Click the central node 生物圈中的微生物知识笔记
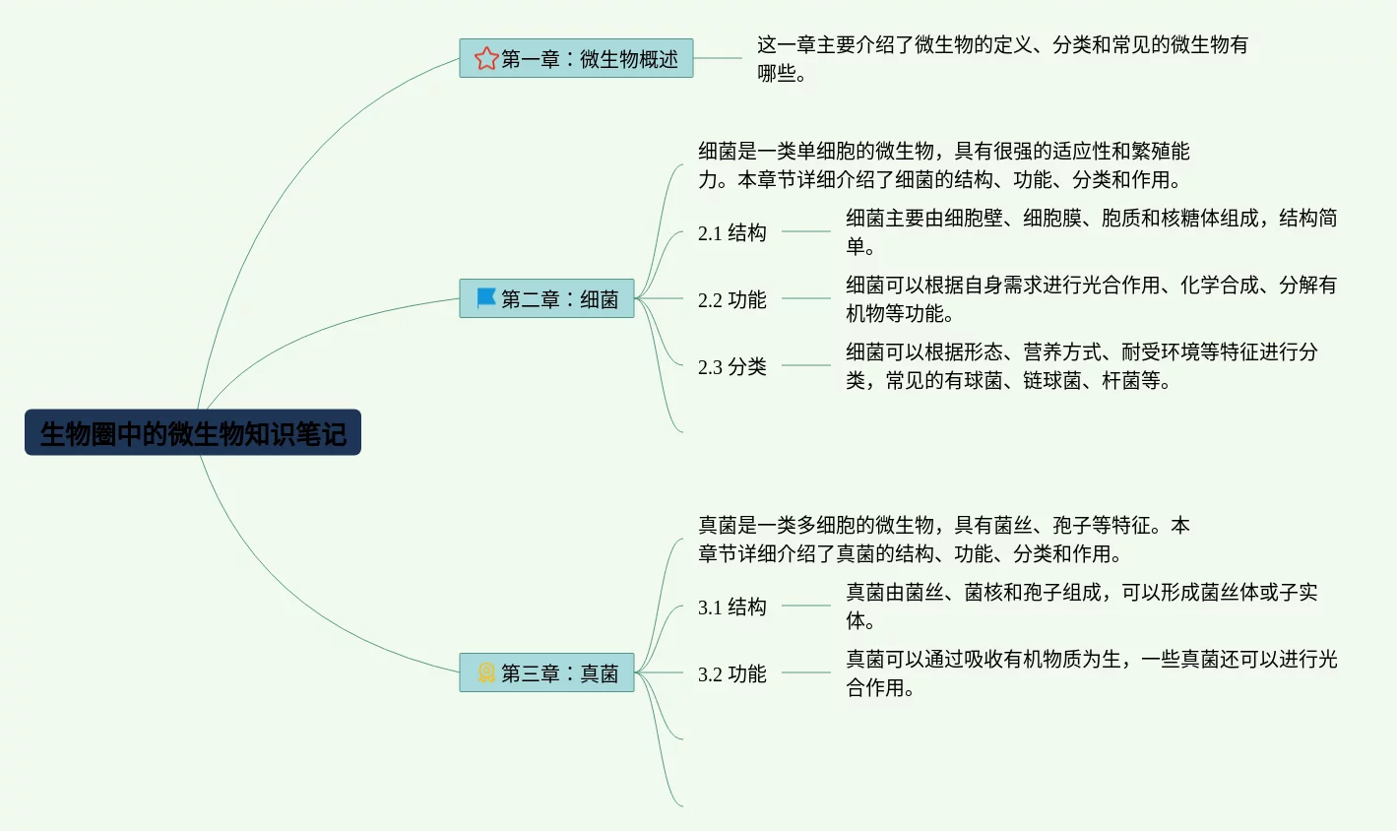pyautogui.click(x=193, y=433)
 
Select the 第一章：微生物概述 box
pyautogui.click(x=576, y=59)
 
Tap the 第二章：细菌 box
pyautogui.click(x=547, y=298)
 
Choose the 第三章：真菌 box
pyautogui.click(x=547, y=672)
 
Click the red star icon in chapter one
pyautogui.click(x=485, y=59)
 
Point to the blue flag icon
pyautogui.click(x=485, y=297)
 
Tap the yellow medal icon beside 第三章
pyautogui.click(x=485, y=672)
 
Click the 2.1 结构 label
pyautogui.click(x=731, y=232)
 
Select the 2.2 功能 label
pyautogui.click(x=731, y=299)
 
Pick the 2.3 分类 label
pyautogui.click(x=731, y=366)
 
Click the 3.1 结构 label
pyautogui.click(x=731, y=607)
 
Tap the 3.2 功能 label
pyautogui.click(x=731, y=673)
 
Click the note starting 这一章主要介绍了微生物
pyautogui.click(x=1001, y=58)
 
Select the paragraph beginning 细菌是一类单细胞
pyautogui.click(x=942, y=164)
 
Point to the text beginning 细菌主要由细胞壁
pyautogui.click(x=1091, y=231)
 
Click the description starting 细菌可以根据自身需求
pyautogui.click(x=1091, y=298)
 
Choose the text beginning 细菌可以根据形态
pyautogui.click(x=1081, y=365)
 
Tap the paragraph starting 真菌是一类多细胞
pyautogui.click(x=942, y=539)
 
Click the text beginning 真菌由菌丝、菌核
pyautogui.click(x=1081, y=606)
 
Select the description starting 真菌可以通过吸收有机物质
pyautogui.click(x=1091, y=672)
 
